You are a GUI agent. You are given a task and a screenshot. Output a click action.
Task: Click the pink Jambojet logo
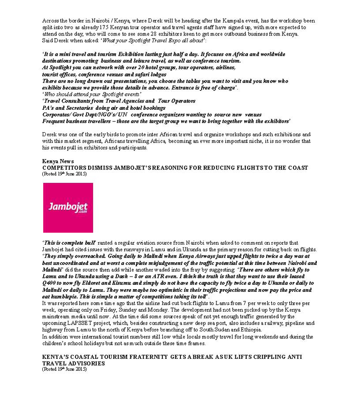[68, 207]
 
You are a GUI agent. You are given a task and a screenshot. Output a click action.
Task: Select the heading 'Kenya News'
[56, 161]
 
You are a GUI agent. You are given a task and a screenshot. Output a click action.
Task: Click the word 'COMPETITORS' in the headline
[66, 168]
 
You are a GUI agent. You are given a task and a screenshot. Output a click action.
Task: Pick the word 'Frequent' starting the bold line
[55, 121]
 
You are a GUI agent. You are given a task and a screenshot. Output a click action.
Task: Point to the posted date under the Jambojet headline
[64, 174]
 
